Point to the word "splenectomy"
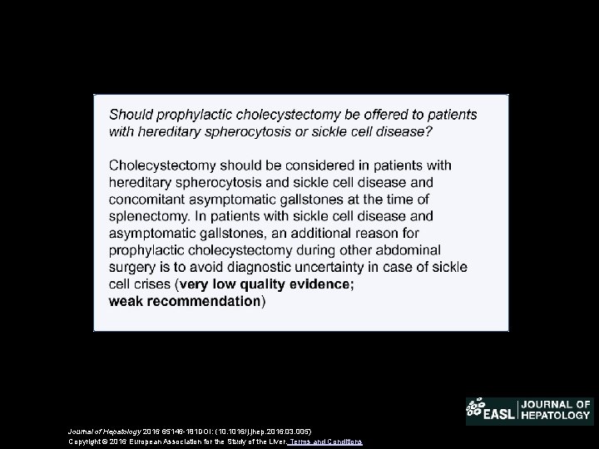pyautogui.click(x=147, y=216)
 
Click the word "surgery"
pyautogui.click(x=133, y=268)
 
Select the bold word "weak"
pyautogui.click(x=126, y=301)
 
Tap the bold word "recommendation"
pyautogui.click(x=204, y=301)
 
